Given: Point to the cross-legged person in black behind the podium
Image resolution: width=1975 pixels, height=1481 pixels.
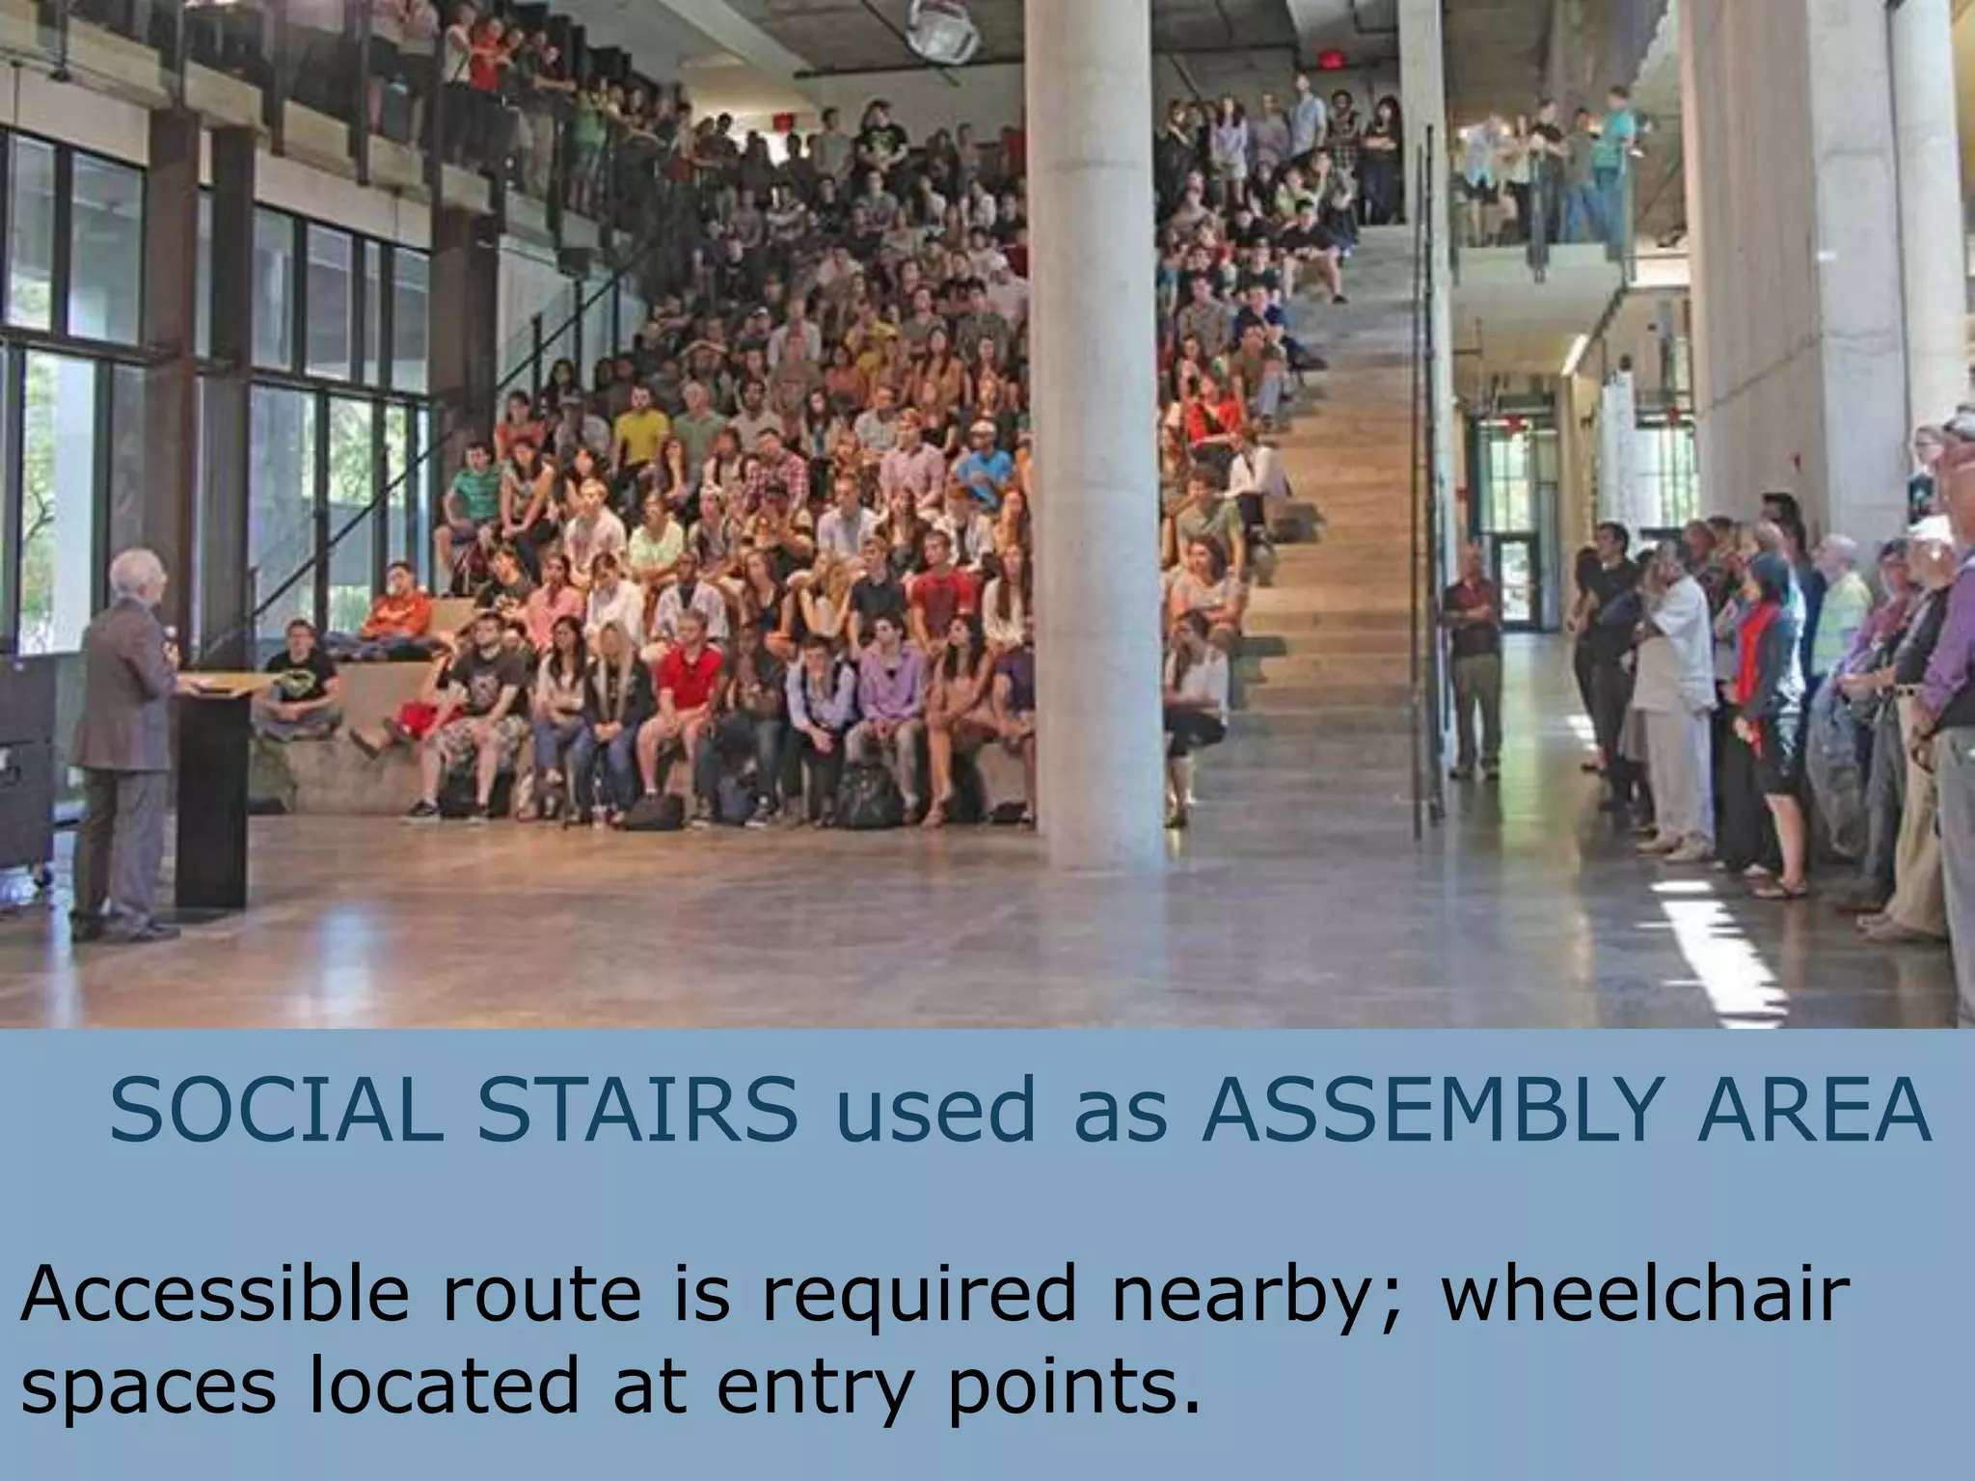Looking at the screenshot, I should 300,685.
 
